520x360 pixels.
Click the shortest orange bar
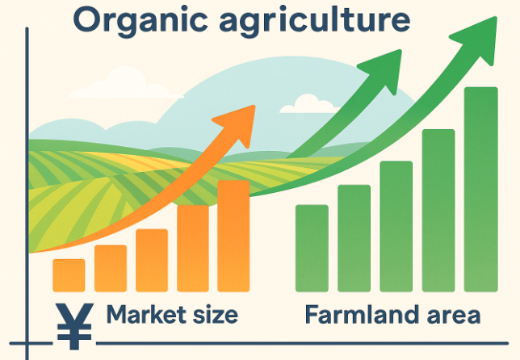coord(69,275)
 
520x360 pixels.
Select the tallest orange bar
coord(233,236)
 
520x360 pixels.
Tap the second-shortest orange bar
coord(111,269)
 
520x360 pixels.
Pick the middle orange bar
coord(152,261)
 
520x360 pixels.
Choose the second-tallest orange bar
coord(193,249)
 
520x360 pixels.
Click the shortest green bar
coord(312,249)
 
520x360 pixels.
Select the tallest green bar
coord(481,190)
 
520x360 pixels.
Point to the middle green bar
coord(396,227)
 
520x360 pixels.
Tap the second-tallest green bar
coord(438,211)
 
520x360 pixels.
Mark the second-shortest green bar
coord(354,239)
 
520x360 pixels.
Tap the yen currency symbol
coord(74,326)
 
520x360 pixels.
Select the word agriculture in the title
coord(315,20)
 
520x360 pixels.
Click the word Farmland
coord(362,314)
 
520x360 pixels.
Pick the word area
coord(453,316)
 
